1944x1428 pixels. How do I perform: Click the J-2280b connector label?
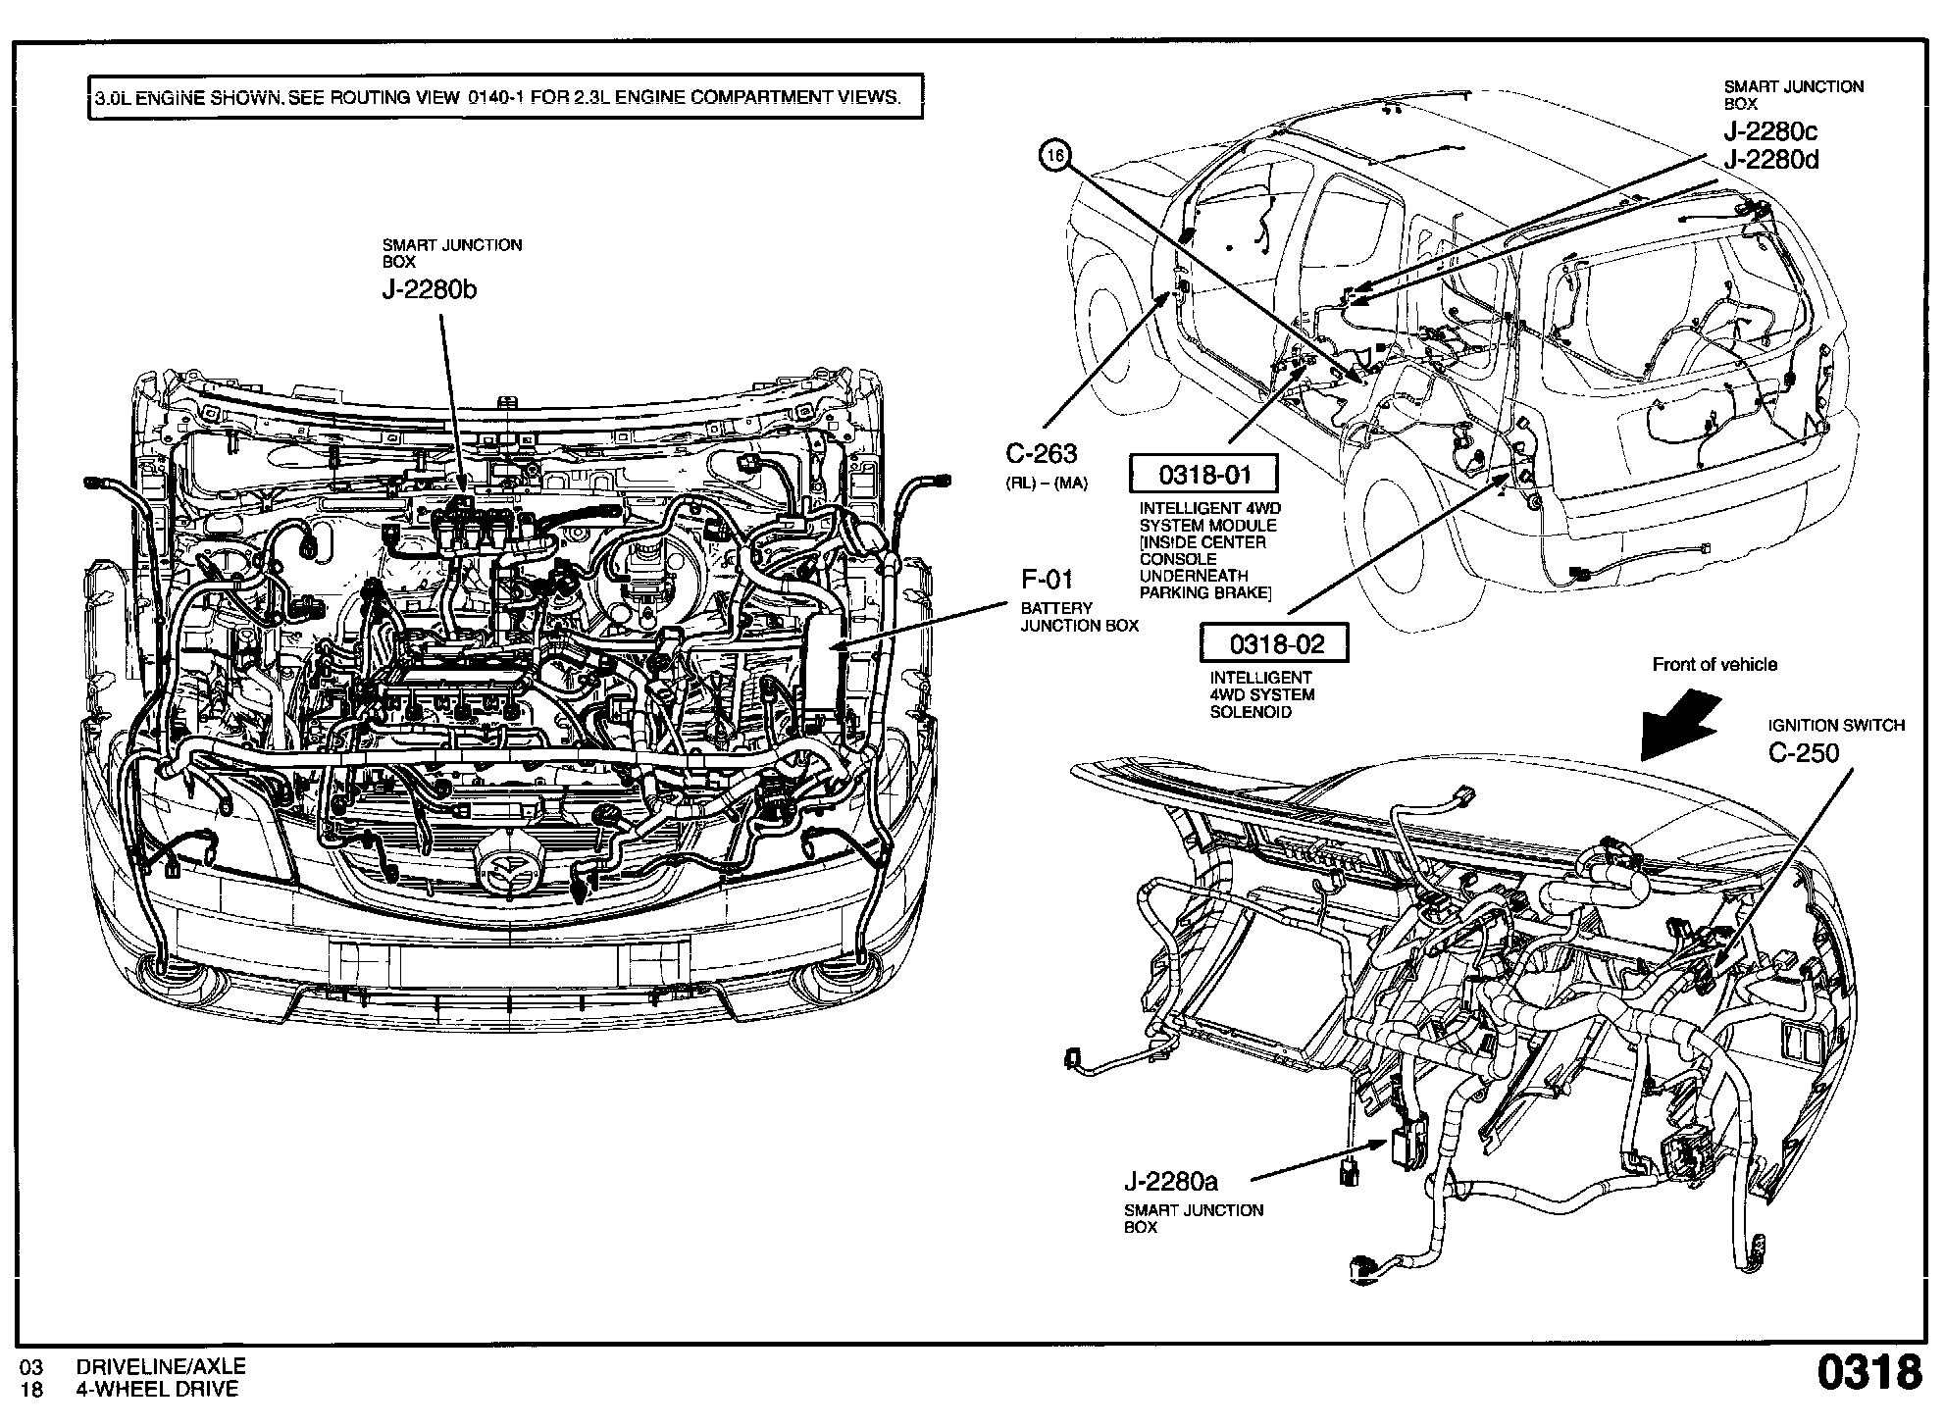point(430,290)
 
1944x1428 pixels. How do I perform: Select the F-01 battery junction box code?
point(1047,579)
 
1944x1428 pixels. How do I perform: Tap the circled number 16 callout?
point(1055,155)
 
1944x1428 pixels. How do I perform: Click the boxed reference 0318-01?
point(1204,476)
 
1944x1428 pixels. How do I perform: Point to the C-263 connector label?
point(1041,453)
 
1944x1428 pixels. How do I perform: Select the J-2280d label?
point(1770,160)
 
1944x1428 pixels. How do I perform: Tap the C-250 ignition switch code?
point(1803,753)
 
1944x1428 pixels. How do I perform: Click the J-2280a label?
point(1170,1181)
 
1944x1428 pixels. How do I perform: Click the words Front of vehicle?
point(1714,665)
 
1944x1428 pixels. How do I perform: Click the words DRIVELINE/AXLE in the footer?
point(161,1366)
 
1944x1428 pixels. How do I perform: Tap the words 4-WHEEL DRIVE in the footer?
point(157,1389)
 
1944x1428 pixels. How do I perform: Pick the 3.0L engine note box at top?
point(505,97)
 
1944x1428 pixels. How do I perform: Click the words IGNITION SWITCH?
point(1835,726)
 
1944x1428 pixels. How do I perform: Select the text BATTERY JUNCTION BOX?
point(1079,617)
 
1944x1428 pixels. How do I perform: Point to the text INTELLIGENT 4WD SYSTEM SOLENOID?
point(1261,694)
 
